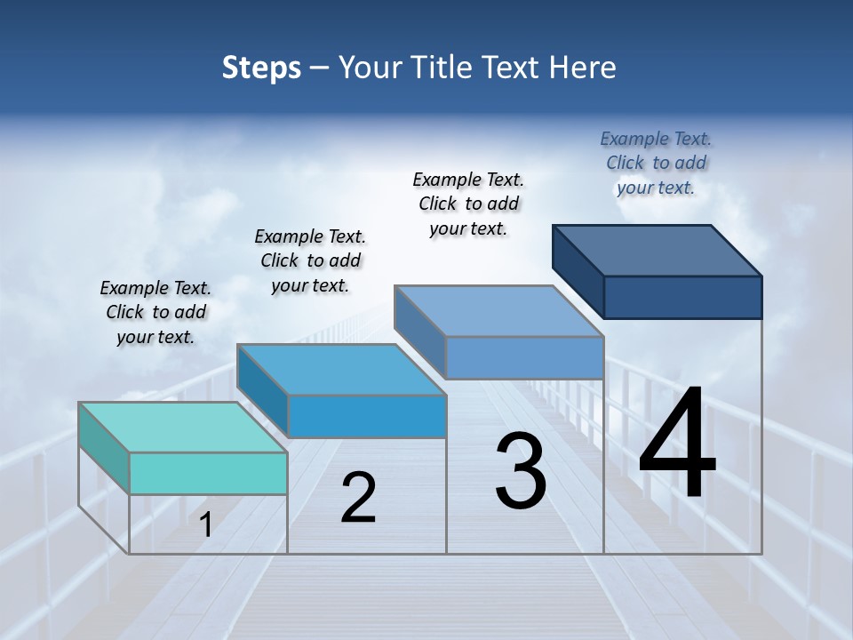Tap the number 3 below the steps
pyautogui.click(x=521, y=472)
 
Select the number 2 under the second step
pyautogui.click(x=358, y=499)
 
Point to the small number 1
pyautogui.click(x=206, y=525)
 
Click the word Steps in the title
pyautogui.click(x=261, y=68)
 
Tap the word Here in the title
pyautogui.click(x=583, y=68)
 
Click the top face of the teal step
pyautogui.click(x=183, y=428)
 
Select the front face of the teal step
pyautogui.click(x=208, y=473)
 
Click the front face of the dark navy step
pyautogui.click(x=682, y=297)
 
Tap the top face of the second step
pyautogui.click(x=341, y=369)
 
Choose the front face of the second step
pyautogui.click(x=367, y=416)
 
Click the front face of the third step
pyautogui.click(x=524, y=358)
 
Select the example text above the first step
pyautogui.click(x=155, y=312)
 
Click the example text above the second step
pyautogui.click(x=310, y=260)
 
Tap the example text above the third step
pyautogui.click(x=468, y=204)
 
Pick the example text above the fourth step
pyautogui.click(x=656, y=163)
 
